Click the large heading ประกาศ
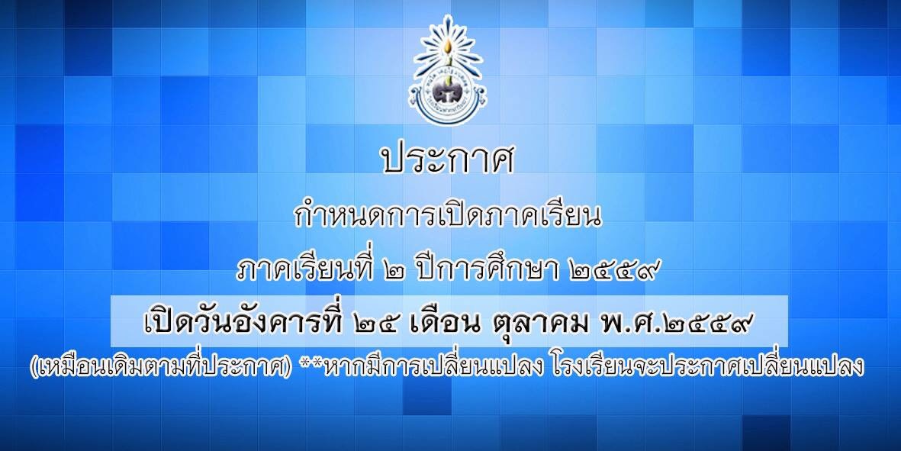[448, 159]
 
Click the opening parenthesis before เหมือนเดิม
[34, 367]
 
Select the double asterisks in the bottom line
[311, 362]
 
